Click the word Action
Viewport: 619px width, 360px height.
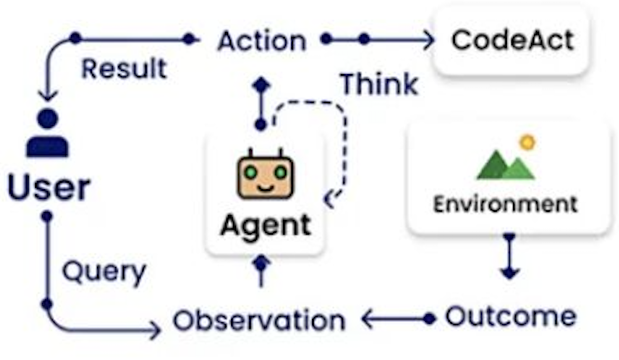(x=262, y=41)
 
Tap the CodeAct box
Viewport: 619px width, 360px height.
(x=512, y=40)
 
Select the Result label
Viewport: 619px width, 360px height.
(x=124, y=69)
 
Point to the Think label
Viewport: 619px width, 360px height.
(x=379, y=84)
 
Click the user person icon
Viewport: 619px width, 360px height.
(x=48, y=134)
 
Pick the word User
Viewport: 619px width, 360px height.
(x=49, y=188)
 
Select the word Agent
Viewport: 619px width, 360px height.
(x=266, y=225)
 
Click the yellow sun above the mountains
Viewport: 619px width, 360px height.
(x=527, y=142)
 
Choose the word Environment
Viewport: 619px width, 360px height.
(x=505, y=204)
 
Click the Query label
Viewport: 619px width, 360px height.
(x=104, y=272)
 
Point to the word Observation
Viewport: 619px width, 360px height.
(x=259, y=320)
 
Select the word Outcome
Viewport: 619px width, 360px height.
(x=510, y=316)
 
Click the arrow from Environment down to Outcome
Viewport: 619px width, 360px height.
(x=509, y=256)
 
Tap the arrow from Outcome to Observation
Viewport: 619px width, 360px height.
(x=398, y=319)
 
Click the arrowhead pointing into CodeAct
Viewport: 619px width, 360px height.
(x=428, y=40)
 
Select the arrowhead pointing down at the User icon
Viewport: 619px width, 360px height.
(x=48, y=96)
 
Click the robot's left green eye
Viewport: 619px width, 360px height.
(x=250, y=172)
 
